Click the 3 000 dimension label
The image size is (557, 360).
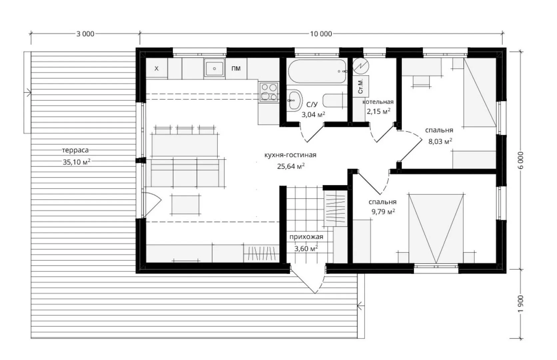[x=85, y=34]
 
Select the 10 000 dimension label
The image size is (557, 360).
[x=321, y=34]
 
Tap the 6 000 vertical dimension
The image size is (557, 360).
[x=521, y=160]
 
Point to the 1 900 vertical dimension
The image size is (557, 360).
[x=521, y=304]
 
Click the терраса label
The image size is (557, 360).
[x=75, y=150]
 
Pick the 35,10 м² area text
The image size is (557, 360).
[x=76, y=162]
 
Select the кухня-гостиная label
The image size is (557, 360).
[x=290, y=155]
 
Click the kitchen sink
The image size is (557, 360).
[x=214, y=68]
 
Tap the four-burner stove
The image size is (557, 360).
[x=269, y=92]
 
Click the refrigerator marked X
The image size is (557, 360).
[x=157, y=68]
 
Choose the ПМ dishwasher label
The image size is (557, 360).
[x=236, y=68]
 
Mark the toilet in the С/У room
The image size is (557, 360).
[x=335, y=101]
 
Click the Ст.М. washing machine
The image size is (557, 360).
[x=360, y=86]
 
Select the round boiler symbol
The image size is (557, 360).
[x=360, y=66]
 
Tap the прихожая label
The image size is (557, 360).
[x=306, y=237]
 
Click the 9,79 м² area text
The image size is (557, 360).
[x=383, y=212]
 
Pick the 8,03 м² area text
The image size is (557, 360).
[x=440, y=141]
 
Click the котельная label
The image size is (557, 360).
[x=378, y=102]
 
